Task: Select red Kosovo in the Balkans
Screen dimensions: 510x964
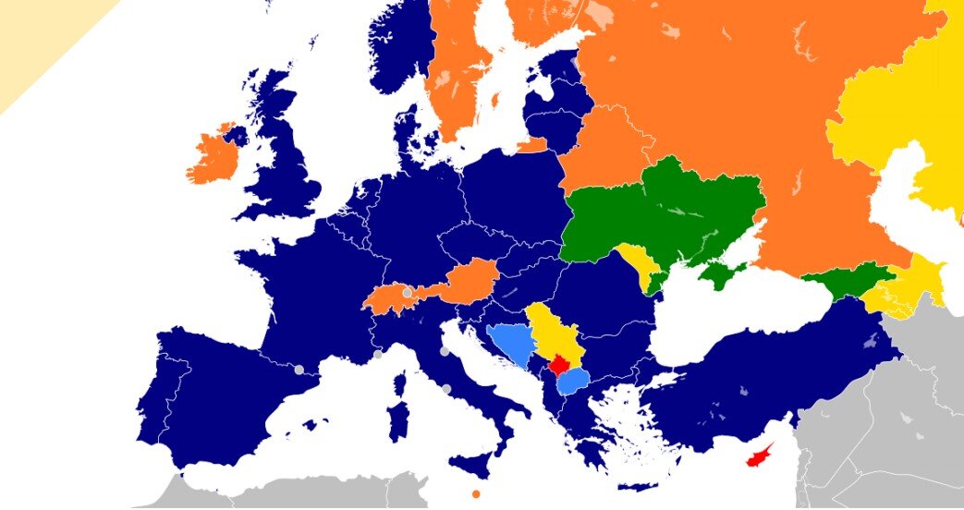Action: point(558,365)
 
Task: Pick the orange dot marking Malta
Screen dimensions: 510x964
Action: point(476,494)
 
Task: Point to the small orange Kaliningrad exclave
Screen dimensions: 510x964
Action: point(533,145)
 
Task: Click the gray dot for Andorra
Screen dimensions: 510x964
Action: point(299,370)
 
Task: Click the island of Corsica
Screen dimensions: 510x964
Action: point(401,383)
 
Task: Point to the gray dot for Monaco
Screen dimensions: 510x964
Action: point(377,354)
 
